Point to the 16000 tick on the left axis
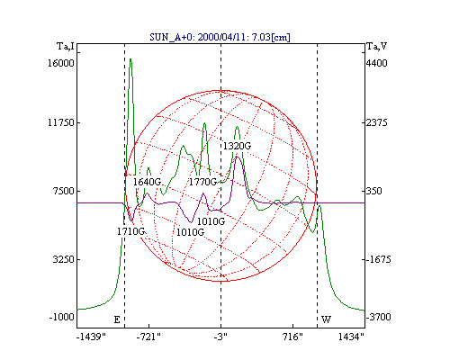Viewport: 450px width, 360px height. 61,63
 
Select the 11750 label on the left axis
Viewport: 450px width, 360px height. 61,122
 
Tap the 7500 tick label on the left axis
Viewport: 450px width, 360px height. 63,191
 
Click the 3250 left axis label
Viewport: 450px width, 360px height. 63,259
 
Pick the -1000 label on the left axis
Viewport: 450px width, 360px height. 61,317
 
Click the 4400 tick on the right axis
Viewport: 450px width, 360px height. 377,63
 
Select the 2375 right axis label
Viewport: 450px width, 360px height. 377,122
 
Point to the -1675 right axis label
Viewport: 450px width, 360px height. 379,259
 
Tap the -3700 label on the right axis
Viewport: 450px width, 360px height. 379,317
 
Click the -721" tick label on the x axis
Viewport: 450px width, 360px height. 148,337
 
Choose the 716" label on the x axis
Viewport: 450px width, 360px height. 292,337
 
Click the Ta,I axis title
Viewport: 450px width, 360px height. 66,47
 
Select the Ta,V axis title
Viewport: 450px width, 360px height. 377,47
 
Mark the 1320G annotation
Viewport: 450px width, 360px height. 237,146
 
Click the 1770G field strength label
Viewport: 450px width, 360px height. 202,182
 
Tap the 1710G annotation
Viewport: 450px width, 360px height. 130,231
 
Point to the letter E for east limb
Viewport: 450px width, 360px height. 117,319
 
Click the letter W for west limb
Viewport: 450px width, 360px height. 326,319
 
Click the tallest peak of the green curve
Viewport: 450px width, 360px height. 130,59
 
